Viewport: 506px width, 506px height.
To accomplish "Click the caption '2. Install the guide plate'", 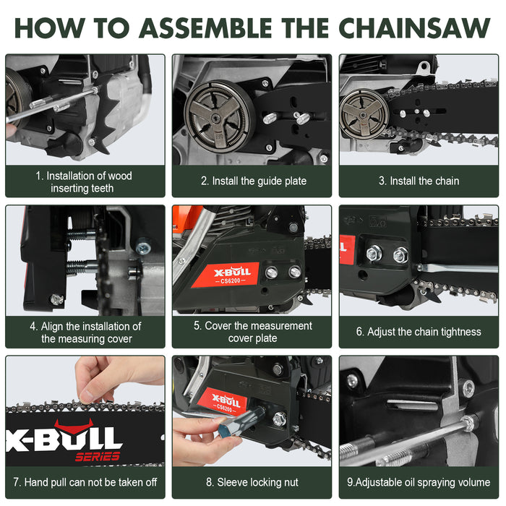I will (x=252, y=181).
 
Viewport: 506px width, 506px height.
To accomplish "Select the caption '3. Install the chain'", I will (x=419, y=181).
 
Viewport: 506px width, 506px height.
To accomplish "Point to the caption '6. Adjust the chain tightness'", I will (x=419, y=332).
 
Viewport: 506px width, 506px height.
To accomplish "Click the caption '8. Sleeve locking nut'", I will (x=252, y=482).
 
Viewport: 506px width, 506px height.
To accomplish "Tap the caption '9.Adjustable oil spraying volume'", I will (x=419, y=482).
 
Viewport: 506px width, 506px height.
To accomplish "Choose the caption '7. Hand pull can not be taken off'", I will (x=85, y=482).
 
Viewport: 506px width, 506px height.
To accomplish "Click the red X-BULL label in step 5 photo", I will (x=231, y=275).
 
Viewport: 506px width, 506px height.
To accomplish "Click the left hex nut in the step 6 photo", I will (x=374, y=254).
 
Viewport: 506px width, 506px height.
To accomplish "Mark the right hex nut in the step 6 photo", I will (x=400, y=255).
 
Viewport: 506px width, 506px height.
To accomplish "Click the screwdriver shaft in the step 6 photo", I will (x=455, y=268).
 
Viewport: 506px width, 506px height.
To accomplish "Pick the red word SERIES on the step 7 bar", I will (x=97, y=457).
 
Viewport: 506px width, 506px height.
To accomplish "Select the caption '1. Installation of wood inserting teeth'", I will (x=85, y=181).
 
